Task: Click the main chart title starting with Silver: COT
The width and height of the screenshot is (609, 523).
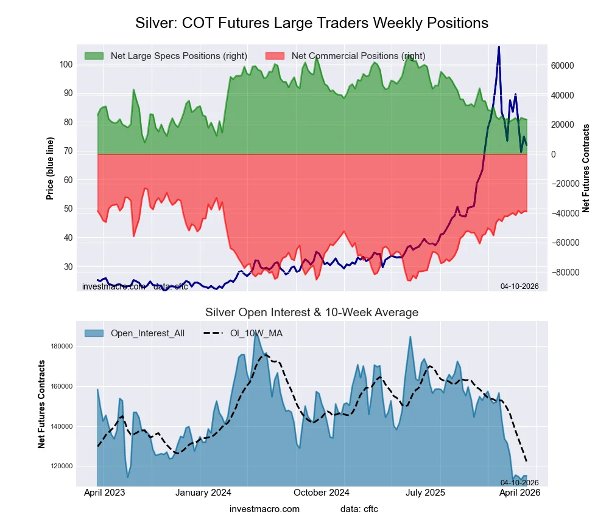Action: coord(311,23)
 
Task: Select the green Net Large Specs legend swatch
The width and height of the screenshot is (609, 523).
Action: coord(94,56)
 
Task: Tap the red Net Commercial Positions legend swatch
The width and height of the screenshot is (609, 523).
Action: coord(275,56)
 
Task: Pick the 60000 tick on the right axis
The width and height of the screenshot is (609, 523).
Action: coord(563,66)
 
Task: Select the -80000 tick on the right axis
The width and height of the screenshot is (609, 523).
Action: coord(563,272)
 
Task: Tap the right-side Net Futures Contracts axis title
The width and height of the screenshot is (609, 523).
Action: coord(586,168)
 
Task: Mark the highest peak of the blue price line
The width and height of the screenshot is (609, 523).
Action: coord(499,47)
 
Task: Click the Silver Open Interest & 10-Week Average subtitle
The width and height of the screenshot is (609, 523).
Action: coord(311,313)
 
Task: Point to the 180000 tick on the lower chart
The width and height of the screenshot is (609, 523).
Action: coord(60,347)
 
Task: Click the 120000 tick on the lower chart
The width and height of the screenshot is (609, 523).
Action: coord(60,466)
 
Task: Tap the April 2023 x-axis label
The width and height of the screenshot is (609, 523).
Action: coord(104,493)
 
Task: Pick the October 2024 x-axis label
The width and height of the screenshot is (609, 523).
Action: coord(322,493)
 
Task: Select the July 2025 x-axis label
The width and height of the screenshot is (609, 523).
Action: coord(425,493)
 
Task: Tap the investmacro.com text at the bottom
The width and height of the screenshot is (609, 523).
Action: coord(264,508)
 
